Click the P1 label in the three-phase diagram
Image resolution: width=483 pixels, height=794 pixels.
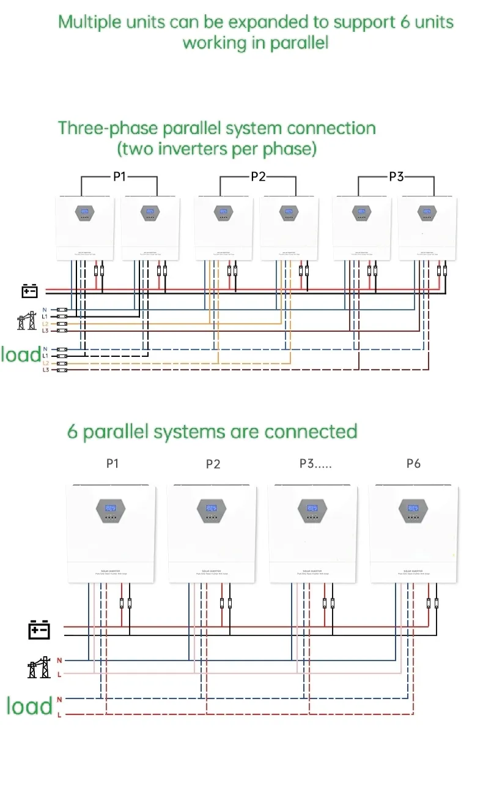119,176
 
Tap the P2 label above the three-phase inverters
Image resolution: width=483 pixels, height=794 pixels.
258,176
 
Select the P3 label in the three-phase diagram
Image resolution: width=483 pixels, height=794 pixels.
396,176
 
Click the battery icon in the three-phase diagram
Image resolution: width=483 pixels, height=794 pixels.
30,290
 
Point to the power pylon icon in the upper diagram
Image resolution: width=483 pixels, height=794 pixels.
27,321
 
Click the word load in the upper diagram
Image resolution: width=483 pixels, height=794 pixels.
20,354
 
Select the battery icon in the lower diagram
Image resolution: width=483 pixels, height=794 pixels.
39,629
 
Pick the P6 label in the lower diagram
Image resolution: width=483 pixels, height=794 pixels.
413,463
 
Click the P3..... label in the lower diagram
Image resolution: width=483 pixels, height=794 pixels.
315,463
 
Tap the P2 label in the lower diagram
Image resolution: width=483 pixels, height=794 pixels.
213,464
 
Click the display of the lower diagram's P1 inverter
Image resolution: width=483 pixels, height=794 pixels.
111,508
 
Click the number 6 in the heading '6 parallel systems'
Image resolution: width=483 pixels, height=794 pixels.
73,432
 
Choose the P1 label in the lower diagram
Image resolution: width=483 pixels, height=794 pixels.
112,463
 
